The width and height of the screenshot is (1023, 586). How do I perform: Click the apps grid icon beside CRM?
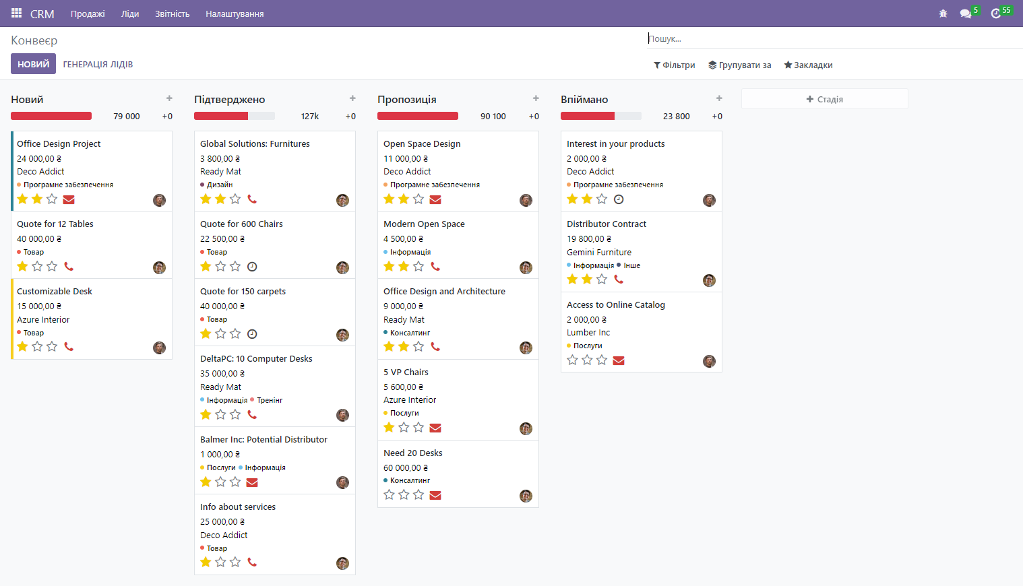[x=16, y=13]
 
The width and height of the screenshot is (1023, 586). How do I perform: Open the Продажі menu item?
[x=88, y=13]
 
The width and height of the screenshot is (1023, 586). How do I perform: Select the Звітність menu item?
[x=172, y=13]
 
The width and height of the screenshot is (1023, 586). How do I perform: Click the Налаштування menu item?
[x=235, y=13]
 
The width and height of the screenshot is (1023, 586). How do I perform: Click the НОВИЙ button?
[x=33, y=64]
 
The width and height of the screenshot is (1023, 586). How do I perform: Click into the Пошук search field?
[x=809, y=38]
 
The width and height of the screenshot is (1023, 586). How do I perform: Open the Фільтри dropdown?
[x=675, y=65]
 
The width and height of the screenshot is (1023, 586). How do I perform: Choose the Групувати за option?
[x=739, y=65]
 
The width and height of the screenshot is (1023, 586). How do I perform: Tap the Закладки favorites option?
[x=808, y=65]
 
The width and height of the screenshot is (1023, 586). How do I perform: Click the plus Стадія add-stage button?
[x=824, y=99]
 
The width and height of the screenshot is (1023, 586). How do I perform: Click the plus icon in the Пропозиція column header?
[x=536, y=98]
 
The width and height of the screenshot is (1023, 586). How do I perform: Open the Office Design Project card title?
[x=59, y=143]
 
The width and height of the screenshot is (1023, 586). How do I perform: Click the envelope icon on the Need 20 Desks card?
[x=435, y=495]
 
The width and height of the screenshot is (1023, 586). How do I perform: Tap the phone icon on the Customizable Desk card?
[x=69, y=346]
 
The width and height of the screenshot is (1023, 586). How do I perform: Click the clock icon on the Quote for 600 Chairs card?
[x=252, y=267]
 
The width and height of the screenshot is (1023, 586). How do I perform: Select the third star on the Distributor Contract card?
[x=602, y=279]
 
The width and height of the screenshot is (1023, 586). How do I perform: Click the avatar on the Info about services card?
[x=342, y=563]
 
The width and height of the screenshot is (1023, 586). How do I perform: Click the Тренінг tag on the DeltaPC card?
[x=270, y=400]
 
